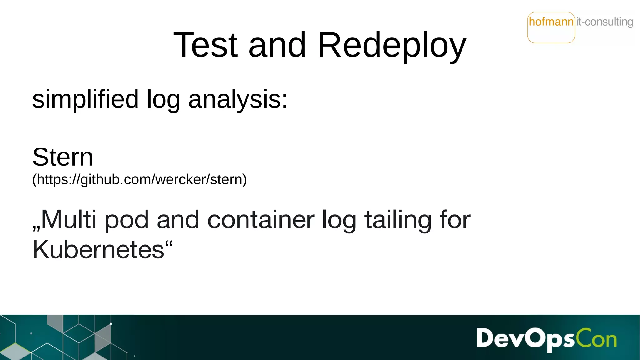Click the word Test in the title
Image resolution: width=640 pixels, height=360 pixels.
pos(205,45)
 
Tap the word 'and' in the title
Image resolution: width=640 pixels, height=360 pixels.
pos(277,45)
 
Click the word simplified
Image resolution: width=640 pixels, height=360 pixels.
pos(85,99)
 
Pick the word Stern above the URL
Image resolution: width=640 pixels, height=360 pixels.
pos(63,157)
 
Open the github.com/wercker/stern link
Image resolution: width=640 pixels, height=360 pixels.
pos(140,180)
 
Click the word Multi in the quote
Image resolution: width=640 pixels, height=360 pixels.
pos(68,220)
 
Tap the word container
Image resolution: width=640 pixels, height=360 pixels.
pos(261,220)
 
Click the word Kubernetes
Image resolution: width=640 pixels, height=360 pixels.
pos(98,250)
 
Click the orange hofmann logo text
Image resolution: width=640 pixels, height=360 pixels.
pos(551,22)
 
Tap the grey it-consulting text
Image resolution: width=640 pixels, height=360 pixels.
pos(605,22)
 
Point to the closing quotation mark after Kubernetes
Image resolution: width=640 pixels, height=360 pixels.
pos(169,243)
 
